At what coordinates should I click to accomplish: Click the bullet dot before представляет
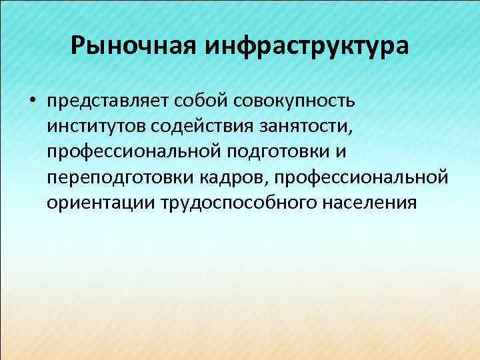[31, 102]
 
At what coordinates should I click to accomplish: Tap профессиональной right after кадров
[360, 177]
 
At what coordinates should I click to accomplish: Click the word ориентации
[101, 203]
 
